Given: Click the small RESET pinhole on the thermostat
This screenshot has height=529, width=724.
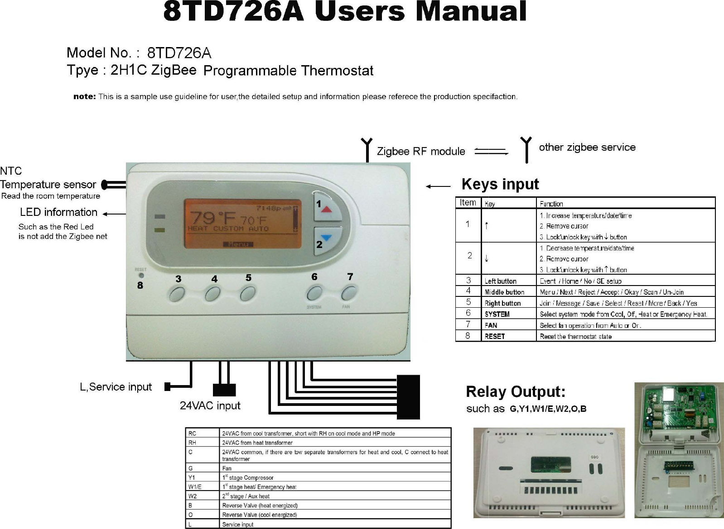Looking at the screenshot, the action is [x=141, y=275].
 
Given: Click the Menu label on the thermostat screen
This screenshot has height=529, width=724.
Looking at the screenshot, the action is [x=238, y=244].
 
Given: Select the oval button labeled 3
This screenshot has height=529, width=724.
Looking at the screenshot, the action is [x=176, y=295].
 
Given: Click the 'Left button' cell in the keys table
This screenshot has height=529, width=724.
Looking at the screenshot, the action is [x=501, y=281].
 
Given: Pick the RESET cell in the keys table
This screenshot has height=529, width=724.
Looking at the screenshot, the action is [x=495, y=336].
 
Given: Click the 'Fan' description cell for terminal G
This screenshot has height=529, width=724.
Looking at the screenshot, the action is [x=227, y=468].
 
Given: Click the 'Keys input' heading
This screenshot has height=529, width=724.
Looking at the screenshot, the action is [x=500, y=184].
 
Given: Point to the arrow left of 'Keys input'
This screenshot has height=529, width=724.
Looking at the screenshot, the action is [x=438, y=186].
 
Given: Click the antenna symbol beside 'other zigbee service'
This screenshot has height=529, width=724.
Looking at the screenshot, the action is [x=526, y=149].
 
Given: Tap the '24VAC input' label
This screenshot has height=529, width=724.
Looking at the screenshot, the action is [x=210, y=405].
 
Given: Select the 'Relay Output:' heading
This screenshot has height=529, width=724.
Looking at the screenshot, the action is [x=516, y=391].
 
